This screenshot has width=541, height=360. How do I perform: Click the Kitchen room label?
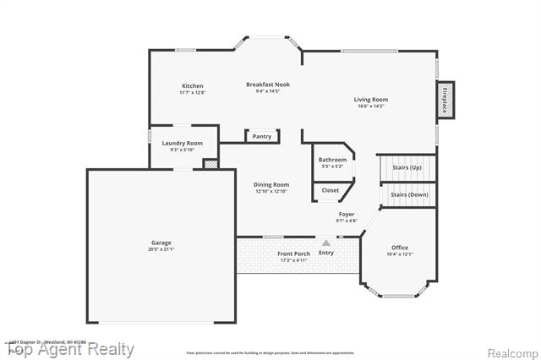pos(192,85)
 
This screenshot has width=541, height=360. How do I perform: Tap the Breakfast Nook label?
pos(267,85)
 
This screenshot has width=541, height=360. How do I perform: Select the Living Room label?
pos(371,100)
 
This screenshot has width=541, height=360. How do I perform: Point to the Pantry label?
pos(262,136)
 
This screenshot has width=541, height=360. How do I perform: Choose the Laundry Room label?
pos(183,144)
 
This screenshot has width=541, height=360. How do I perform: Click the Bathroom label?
pos(332,160)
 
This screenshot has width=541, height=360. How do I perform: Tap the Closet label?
pos(331,190)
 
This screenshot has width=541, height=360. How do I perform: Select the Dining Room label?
pos(271,184)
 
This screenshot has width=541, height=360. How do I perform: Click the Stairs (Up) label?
pos(407,167)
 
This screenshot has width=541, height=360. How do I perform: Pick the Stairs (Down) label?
pos(409,194)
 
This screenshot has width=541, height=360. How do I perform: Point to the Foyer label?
pos(347,215)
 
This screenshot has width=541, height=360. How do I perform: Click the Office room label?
pos(400,248)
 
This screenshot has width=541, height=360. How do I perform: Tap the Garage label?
pos(161,243)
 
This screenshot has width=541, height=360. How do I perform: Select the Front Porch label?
pos(293,254)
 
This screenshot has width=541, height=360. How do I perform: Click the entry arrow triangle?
pos(326,243)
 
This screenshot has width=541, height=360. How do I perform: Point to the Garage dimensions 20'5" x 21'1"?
pos(161,250)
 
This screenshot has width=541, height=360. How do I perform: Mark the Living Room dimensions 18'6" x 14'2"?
pos(371,106)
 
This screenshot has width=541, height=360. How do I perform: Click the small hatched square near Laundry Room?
pos(210,164)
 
